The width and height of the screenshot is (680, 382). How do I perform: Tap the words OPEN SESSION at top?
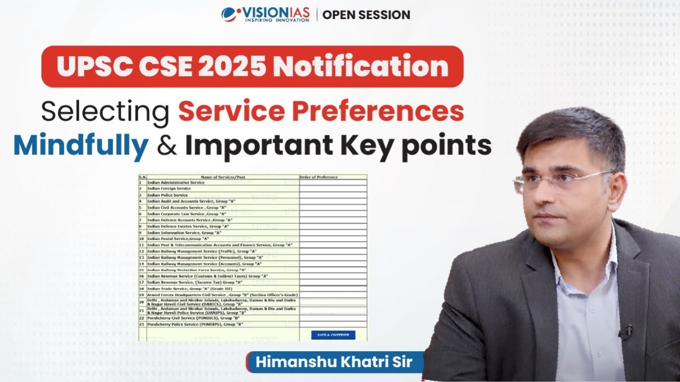366,15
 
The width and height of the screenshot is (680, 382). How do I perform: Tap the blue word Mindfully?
81,146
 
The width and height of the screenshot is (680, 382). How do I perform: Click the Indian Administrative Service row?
175,183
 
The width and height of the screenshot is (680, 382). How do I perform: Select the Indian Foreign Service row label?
168,188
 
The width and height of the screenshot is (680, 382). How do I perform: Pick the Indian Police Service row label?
167,195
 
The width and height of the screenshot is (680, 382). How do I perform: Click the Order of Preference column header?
319,177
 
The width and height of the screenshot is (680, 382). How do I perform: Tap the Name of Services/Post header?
223,177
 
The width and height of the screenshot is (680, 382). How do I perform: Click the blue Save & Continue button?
333,335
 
